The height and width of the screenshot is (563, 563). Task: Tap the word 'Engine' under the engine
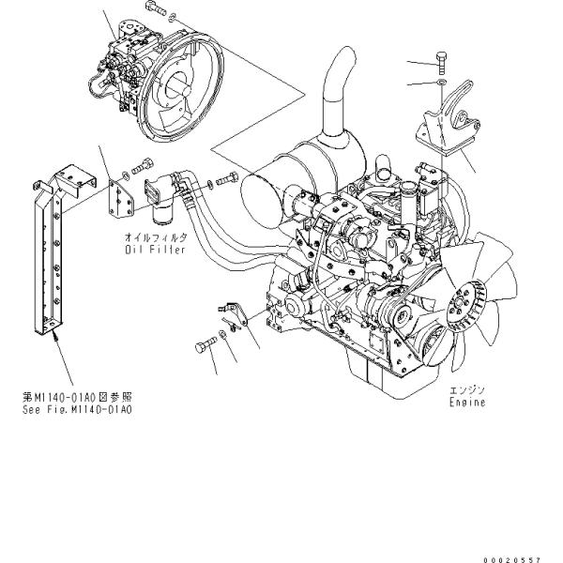(466, 402)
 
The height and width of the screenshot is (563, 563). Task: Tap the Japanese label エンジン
(466, 389)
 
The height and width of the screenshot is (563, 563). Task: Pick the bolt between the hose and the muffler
(226, 178)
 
